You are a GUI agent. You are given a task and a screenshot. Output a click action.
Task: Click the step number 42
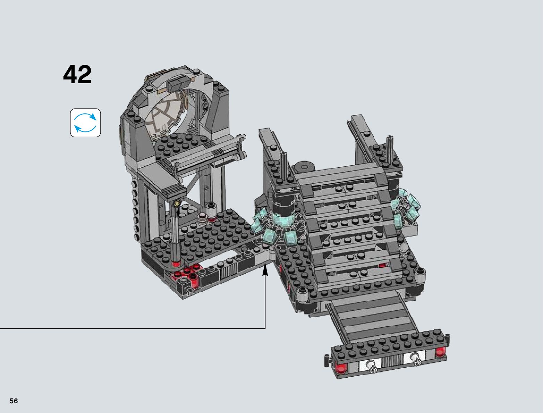click(x=77, y=75)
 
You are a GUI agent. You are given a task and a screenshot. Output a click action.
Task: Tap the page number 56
click(x=14, y=401)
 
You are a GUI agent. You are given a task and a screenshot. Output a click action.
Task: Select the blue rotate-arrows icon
click(x=85, y=123)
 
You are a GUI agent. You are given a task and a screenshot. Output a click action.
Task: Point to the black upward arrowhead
click(x=265, y=269)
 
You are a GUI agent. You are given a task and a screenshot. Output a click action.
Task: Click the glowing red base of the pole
click(x=176, y=264)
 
